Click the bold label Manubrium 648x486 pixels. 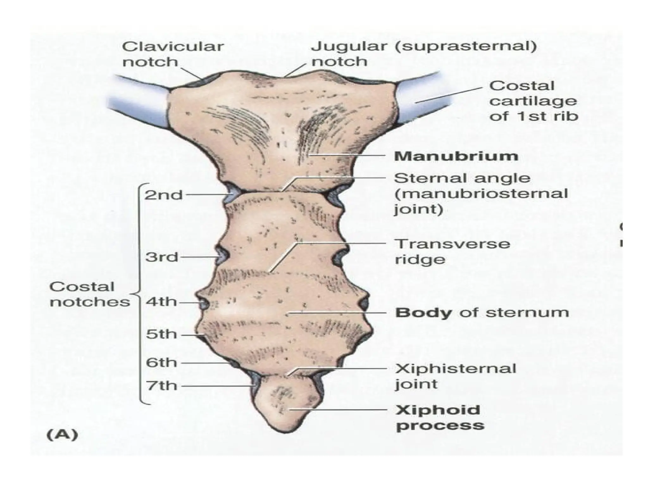point(456,156)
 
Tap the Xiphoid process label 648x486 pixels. point(440,418)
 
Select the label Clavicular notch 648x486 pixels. point(172,54)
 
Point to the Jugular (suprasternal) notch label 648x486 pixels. point(423,54)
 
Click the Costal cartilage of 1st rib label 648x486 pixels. point(533,101)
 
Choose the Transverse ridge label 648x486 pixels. point(452,252)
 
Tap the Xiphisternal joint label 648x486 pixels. point(455,376)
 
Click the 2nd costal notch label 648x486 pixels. point(164,195)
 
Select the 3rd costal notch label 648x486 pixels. point(162,257)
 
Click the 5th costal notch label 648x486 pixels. point(161,334)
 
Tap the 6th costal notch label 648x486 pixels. point(161,363)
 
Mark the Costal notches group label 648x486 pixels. point(90,294)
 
